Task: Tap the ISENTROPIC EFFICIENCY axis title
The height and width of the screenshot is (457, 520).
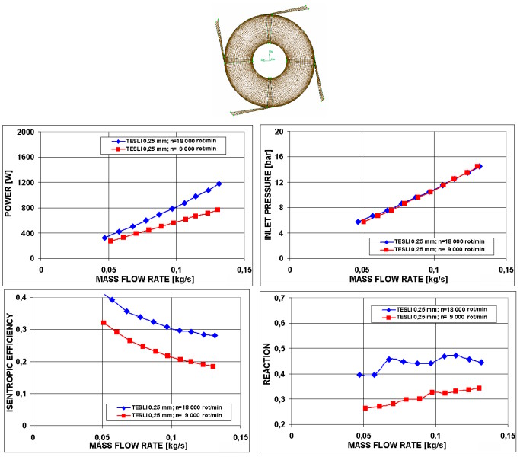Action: [10, 360]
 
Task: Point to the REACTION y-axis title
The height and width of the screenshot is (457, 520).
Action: [267, 360]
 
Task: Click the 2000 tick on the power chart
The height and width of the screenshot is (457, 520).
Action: [27, 132]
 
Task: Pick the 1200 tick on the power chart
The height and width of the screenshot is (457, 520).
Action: [27, 183]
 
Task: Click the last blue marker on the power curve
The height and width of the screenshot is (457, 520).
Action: [219, 184]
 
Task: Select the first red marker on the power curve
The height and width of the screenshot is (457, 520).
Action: [110, 241]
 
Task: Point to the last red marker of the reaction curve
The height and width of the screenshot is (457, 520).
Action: [479, 388]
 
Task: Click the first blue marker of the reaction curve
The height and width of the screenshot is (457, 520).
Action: [359, 375]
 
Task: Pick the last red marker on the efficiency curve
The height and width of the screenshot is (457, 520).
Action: [213, 366]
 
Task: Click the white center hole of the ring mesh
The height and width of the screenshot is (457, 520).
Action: [269, 58]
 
